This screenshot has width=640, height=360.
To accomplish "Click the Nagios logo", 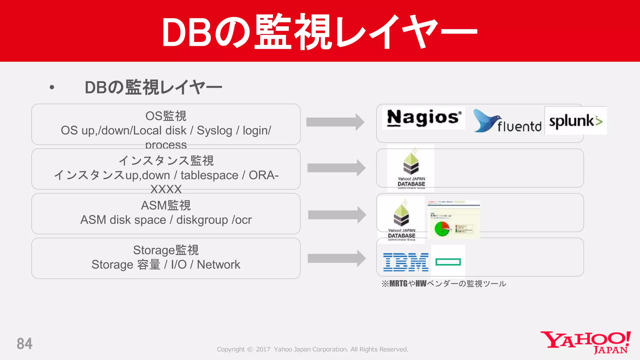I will coord(423,118).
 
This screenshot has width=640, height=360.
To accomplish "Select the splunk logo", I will coord(575,121).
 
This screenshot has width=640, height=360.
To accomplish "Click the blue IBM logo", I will coord(406,262).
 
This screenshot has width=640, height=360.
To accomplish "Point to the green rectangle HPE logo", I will coord(448,262).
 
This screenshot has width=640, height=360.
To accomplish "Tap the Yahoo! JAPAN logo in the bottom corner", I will coord(586,342).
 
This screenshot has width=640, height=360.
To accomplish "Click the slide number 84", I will coord(24,344).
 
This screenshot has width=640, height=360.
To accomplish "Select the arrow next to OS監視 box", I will coord(335,122).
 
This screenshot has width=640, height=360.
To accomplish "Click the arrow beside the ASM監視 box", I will coord(337,215).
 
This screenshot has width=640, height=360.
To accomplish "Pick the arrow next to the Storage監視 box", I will coord(337,258).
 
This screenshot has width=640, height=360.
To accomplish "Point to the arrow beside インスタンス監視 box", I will coord(336,168).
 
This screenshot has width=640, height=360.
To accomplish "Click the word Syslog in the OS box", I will coord(214,131).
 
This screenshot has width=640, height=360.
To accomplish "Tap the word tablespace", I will coord(209,175).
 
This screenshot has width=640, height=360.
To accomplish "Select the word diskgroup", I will coord(202,220).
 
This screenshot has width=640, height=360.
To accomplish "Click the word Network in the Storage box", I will coord(218,265).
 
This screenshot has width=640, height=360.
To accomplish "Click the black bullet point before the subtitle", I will coord(52,87).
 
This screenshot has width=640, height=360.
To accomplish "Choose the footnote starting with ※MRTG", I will coord(443,284).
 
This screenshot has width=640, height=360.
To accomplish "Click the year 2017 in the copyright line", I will coord(263,349).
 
